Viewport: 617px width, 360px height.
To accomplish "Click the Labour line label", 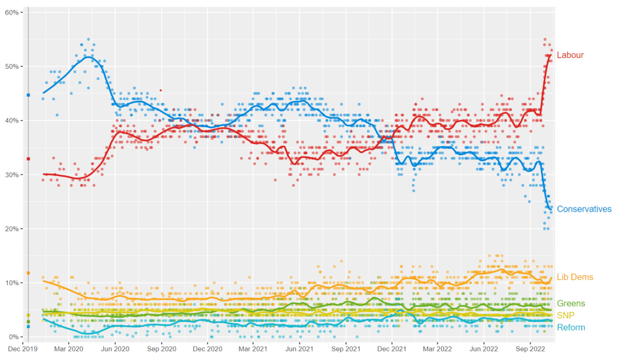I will point(570,55).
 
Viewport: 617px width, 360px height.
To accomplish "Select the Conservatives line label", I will point(584,209).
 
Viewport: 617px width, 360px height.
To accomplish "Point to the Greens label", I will point(571,303).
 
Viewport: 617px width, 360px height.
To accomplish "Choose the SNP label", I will point(566,315).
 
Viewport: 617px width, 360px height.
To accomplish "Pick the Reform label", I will point(571,327).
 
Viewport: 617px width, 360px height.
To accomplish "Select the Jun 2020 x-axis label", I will point(115,349).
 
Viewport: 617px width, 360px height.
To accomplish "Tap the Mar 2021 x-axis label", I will point(253,349).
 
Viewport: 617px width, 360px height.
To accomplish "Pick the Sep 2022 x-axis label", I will point(530,349).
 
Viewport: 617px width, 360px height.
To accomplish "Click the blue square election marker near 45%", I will point(28,95).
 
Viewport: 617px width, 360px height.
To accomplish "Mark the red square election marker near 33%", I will point(28,159).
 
